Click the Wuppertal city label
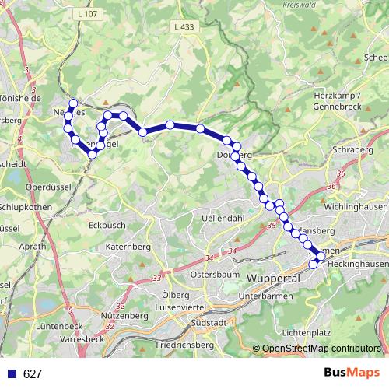click(273, 279)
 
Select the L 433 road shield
click(183, 27)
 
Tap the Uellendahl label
click(223, 219)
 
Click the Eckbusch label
click(107, 224)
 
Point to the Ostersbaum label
click(215, 275)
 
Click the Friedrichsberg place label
click(184, 343)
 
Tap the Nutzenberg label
click(124, 316)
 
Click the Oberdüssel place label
click(48, 187)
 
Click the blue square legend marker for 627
click(11, 374)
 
